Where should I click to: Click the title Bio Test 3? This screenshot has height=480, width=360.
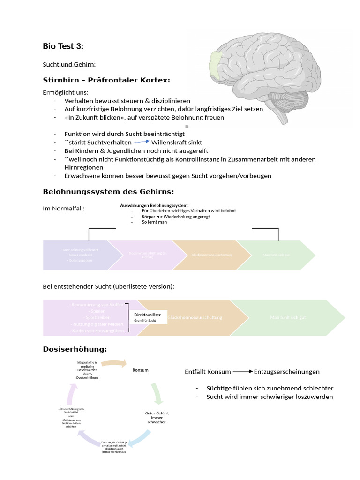(x=64, y=46)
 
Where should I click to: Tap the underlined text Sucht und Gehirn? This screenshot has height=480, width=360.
(x=69, y=64)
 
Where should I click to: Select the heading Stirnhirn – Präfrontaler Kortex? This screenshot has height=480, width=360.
(x=106, y=80)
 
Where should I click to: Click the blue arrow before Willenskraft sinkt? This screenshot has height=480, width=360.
(x=141, y=142)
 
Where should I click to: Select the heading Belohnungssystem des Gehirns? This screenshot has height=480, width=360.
(x=108, y=192)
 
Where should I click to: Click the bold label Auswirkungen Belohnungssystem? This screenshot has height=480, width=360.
(x=154, y=205)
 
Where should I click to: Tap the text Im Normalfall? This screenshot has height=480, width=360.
(x=64, y=208)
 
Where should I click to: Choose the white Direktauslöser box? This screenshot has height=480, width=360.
(x=148, y=317)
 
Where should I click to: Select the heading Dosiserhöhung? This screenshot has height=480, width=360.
(x=75, y=349)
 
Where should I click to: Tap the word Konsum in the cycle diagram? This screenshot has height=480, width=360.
(x=140, y=370)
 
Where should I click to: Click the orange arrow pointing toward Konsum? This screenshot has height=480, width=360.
(x=114, y=363)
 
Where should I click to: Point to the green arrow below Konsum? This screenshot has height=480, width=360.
(x=157, y=393)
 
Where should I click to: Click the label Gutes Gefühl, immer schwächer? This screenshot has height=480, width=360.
(x=156, y=417)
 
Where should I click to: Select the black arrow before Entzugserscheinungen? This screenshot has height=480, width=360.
(x=242, y=371)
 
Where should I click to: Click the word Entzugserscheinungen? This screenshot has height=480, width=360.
(x=286, y=372)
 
